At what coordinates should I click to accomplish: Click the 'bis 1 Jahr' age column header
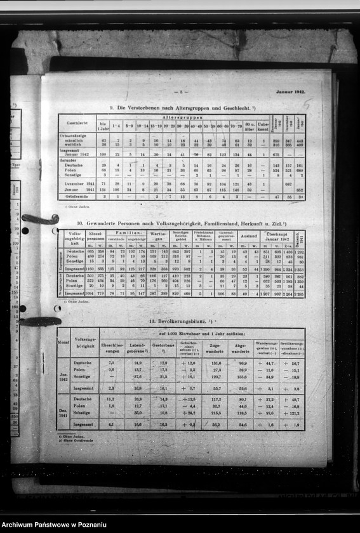coord(102,125)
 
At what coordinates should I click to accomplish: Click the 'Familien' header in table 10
coord(126,233)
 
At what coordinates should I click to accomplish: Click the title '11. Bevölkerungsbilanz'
coord(179,322)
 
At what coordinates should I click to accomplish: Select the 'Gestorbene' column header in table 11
coord(163,347)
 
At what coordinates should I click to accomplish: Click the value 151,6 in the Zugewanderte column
coord(217,363)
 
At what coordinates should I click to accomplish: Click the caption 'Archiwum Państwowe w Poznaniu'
coord(54,525)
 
